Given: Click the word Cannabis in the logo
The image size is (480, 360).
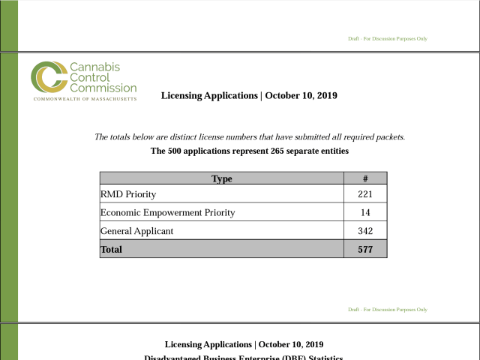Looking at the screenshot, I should coord(94,67).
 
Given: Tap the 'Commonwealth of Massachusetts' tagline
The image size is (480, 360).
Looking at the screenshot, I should coord(85,99).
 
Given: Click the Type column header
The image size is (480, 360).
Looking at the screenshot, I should coord(221,178).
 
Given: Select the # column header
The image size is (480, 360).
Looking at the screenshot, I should coord(364,178).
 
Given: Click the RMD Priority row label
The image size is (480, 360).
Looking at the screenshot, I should coord(128,194).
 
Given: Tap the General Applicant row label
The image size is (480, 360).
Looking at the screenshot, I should coord(136,231).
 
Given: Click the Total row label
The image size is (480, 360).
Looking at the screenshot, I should coord(111,249).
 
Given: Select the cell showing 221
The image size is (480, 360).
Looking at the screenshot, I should coord(364,194).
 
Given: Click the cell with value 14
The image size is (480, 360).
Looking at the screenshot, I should coord(364,212).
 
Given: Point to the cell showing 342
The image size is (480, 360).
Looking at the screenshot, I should coord(364,231).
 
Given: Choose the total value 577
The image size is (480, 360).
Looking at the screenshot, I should coord(364,249).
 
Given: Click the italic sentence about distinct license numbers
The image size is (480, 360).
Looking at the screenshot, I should coord(250,137).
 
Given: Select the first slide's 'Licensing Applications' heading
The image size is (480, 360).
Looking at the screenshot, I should coord(249,95).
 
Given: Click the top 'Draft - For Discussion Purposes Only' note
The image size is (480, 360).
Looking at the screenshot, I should coord(388,38).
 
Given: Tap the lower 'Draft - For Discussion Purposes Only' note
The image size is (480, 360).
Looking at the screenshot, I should coord(388,309).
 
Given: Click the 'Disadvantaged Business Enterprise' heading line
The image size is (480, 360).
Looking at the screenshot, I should coord(244,357).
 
